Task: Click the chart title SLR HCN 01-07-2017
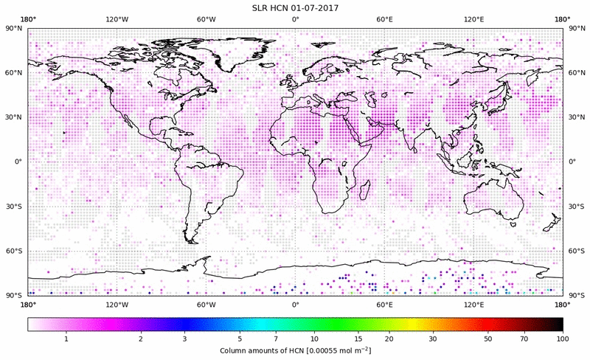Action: [x=295, y=7]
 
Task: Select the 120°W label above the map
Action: [x=117, y=18]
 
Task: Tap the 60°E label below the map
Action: [x=384, y=304]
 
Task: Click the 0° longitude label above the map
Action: [x=295, y=18]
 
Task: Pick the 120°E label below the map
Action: [x=473, y=304]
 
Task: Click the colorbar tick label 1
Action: [x=66, y=339]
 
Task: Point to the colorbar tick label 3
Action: [x=184, y=339]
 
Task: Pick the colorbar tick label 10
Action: [x=315, y=339]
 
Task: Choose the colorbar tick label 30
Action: [x=433, y=339]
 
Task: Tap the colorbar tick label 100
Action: [x=563, y=339]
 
